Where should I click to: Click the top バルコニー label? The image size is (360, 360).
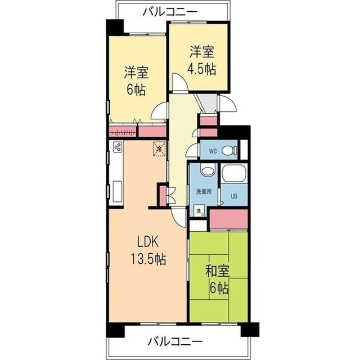click(170, 10)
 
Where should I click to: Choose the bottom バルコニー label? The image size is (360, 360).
click(175, 341)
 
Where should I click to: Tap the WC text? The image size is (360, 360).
click(213, 151)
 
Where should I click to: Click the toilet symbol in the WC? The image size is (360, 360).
click(228, 151)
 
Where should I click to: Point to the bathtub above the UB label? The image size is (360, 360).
click(233, 174)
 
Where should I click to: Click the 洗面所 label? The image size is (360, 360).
click(203, 192)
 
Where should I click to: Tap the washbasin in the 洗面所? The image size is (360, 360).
click(207, 170)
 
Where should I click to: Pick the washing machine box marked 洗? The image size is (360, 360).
click(199, 211)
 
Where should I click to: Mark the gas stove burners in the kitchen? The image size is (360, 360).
click(118, 148)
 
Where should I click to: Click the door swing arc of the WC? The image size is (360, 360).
click(193, 150)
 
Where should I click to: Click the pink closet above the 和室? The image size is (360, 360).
click(228, 218)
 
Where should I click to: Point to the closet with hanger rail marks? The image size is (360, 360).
click(123, 132)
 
